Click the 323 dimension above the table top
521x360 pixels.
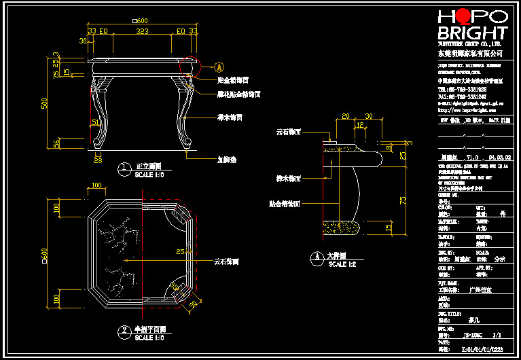[x=143, y=31]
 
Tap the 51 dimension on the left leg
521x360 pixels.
[x=94, y=122]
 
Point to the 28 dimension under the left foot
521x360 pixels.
[x=97, y=160]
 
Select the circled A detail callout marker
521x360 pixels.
[x=219, y=67]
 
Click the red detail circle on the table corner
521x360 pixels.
[x=188, y=65]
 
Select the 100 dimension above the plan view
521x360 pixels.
[x=96, y=185]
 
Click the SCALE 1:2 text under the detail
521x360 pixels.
[x=342, y=264]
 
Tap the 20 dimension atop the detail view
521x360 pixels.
[x=346, y=117]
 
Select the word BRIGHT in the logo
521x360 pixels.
[x=472, y=33]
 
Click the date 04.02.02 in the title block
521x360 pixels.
[x=499, y=157]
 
